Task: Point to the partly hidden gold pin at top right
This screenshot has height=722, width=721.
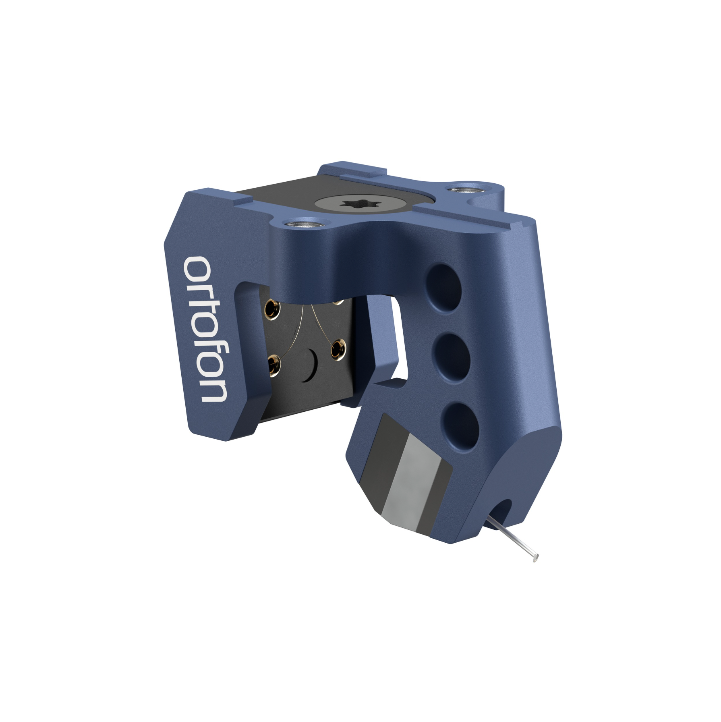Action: point(339,301)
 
